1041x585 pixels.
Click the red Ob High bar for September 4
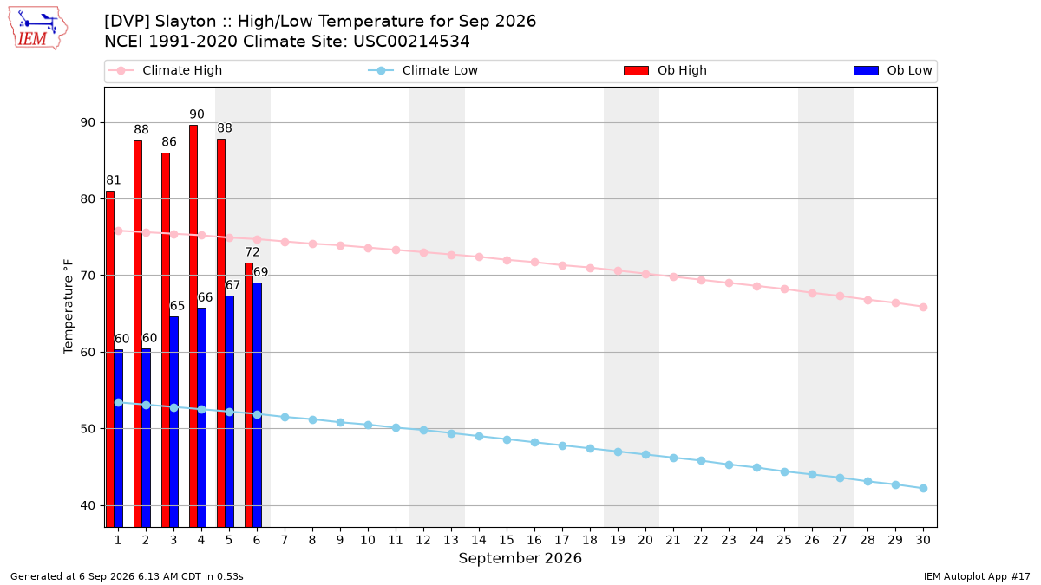193,326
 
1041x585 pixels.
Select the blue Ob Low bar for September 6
258,405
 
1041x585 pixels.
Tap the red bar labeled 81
110,359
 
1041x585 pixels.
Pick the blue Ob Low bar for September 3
173,422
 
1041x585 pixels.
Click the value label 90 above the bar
197,114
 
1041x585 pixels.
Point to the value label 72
252,252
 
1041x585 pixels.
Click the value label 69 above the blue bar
261,272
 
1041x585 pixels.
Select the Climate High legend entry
165,70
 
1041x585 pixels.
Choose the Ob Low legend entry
893,70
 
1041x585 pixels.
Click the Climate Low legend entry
422,70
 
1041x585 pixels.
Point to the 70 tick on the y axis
88,276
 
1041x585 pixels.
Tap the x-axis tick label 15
507,540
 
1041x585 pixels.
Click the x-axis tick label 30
923,540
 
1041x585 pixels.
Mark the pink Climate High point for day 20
645,275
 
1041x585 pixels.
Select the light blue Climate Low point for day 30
923,489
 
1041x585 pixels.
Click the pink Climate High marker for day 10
368,249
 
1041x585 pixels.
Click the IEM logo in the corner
38,29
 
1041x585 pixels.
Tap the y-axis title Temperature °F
69,307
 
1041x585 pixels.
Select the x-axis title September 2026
520,558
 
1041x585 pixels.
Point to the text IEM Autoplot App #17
977,576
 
